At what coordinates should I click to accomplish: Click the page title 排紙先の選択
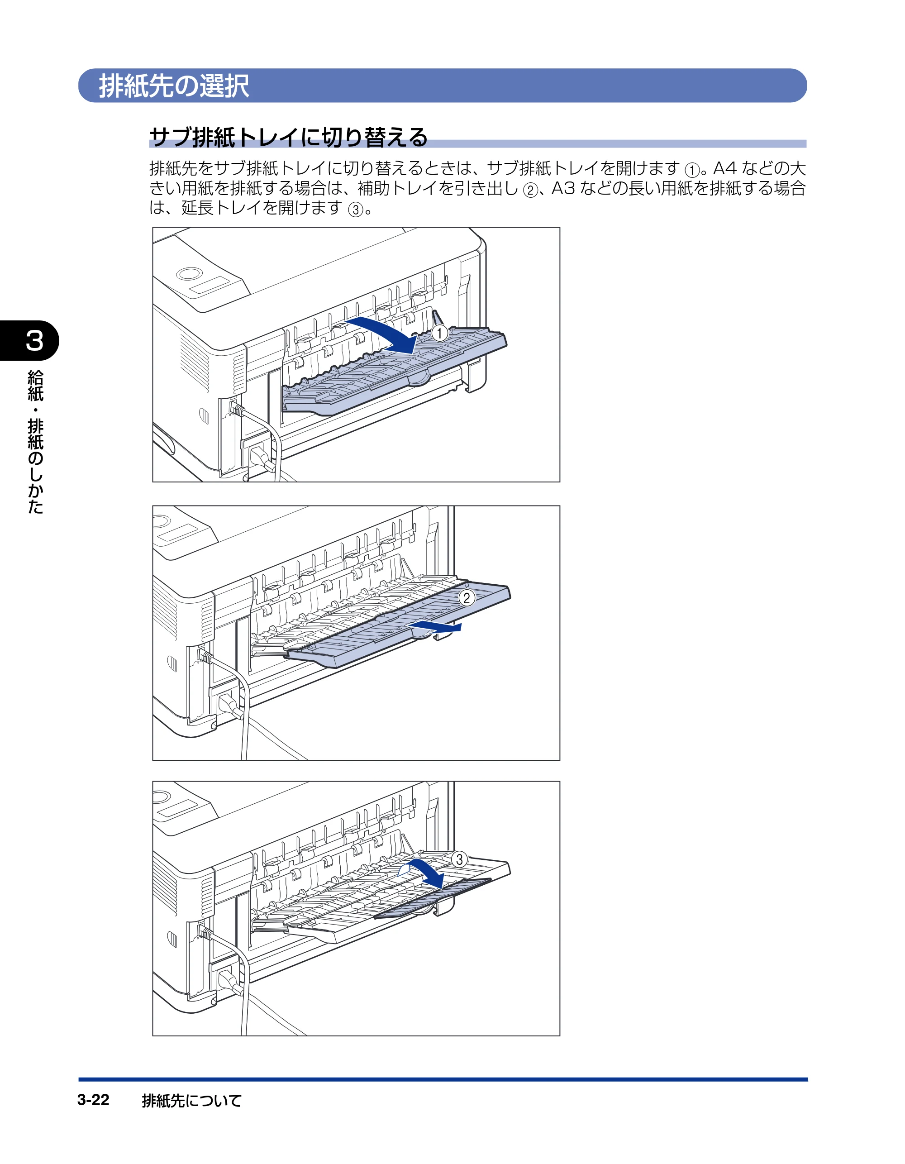(174, 86)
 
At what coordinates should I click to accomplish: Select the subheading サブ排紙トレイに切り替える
(288, 137)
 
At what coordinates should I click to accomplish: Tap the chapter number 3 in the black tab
(35, 341)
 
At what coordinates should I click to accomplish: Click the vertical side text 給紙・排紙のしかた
(35, 442)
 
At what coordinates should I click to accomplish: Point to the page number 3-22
(93, 1100)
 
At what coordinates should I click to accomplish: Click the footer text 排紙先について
(191, 1100)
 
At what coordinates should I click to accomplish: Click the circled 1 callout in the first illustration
(439, 333)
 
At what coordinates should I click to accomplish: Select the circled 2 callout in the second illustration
(467, 598)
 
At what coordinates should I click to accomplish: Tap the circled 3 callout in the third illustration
(459, 859)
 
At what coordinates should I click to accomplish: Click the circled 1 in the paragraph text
(691, 171)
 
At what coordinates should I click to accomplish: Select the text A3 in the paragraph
(563, 188)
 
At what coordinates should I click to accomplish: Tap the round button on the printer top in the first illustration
(190, 274)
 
